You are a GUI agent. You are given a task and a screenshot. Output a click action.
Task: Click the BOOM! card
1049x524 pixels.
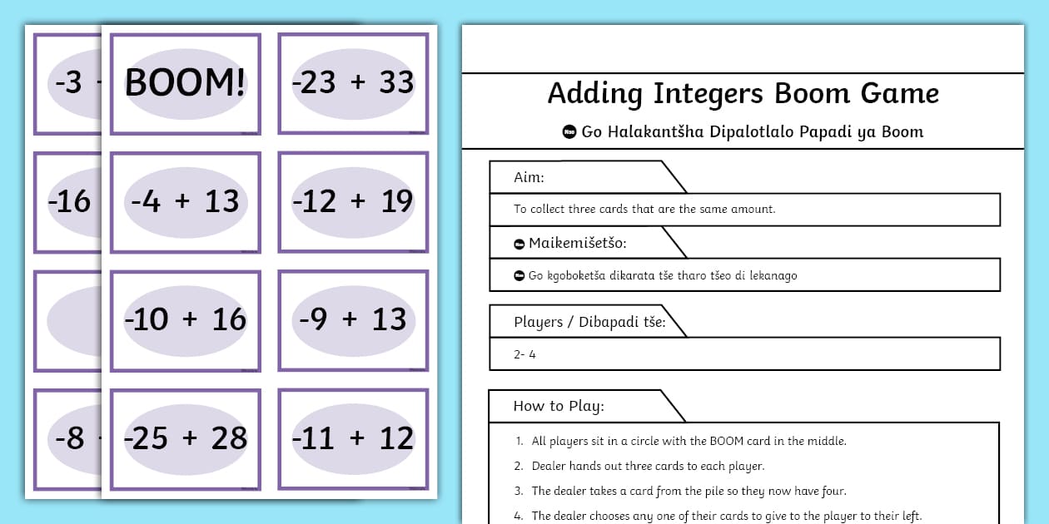(185, 83)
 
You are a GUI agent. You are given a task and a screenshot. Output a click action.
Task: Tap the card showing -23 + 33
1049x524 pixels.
(353, 83)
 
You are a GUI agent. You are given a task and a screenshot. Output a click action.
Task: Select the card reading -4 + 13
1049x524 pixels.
(185, 201)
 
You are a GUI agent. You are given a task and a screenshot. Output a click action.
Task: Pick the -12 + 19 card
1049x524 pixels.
(353, 201)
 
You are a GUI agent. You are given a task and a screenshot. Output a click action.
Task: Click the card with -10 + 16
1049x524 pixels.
(185, 319)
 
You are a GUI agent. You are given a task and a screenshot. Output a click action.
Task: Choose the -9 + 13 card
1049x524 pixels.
(353, 319)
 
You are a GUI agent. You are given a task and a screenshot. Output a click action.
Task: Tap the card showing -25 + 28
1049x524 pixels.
(185, 438)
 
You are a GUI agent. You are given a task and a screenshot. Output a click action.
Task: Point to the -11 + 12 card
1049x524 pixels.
(353, 438)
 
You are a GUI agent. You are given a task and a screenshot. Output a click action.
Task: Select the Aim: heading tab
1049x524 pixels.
(529, 177)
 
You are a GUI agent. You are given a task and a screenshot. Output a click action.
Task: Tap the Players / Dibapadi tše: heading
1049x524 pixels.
(589, 322)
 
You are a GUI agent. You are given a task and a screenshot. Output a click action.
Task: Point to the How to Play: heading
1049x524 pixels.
(558, 406)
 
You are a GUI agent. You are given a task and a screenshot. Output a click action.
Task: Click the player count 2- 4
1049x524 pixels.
(524, 354)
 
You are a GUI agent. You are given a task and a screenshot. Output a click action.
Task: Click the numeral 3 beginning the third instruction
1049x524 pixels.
(518, 491)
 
